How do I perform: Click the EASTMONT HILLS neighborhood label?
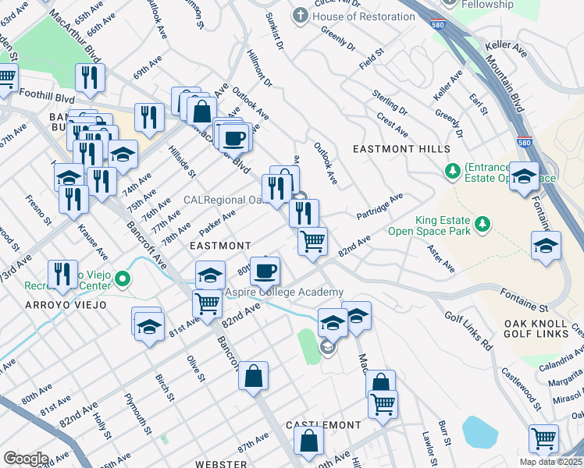(x=401, y=149)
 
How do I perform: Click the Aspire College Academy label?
(x=284, y=292)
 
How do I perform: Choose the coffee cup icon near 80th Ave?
(x=265, y=271)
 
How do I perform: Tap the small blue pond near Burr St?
(x=478, y=431)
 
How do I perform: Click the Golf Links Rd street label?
(x=469, y=332)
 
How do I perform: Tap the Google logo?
(x=26, y=459)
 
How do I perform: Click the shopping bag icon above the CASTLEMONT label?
(x=309, y=440)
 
